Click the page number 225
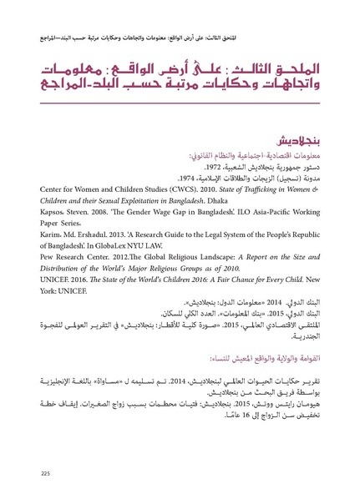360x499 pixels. click(x=45, y=474)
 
